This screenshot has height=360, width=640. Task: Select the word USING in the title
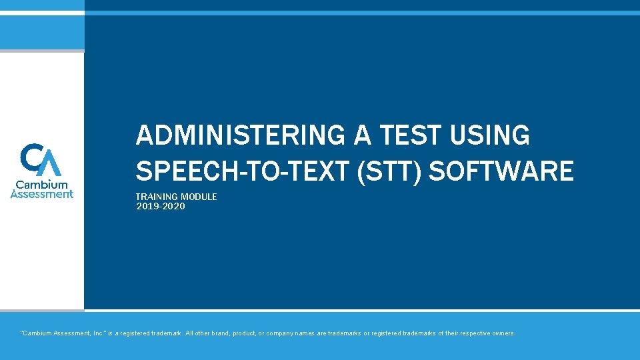click(x=491, y=136)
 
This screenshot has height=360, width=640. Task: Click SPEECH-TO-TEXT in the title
click(x=243, y=171)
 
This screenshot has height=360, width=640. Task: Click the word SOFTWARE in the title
click(x=501, y=171)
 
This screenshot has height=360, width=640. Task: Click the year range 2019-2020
click(x=160, y=207)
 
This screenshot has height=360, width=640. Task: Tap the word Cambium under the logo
click(x=42, y=184)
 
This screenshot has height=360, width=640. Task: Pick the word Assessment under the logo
click(x=42, y=194)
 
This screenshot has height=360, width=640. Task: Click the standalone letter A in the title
click(x=363, y=136)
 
